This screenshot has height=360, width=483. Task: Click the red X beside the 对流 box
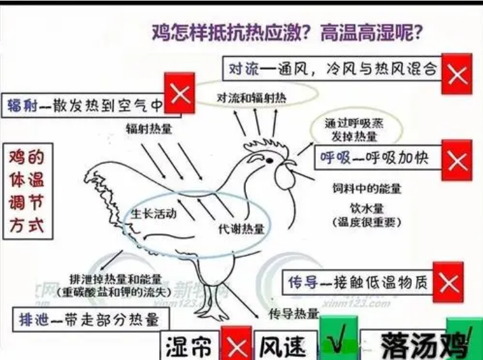457,74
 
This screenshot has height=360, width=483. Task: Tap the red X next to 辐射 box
180,93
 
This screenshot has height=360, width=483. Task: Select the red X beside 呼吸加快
457,160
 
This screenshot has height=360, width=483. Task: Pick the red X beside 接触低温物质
448,282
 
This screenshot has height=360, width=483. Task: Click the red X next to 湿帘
237,343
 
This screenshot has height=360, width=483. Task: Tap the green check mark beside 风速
338,339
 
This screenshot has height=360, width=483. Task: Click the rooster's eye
269,160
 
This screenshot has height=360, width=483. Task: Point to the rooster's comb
266,145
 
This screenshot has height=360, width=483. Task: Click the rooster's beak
290,163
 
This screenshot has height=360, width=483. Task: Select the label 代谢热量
241,229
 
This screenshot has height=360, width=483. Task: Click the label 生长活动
154,213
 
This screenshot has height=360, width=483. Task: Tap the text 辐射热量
149,129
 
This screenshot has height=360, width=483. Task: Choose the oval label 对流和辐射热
251,98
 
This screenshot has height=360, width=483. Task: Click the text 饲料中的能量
366,188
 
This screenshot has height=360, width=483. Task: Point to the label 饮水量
367,208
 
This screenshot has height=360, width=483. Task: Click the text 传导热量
293,314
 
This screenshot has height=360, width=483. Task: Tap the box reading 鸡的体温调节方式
27,192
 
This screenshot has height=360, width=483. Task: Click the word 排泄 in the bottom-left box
34,320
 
